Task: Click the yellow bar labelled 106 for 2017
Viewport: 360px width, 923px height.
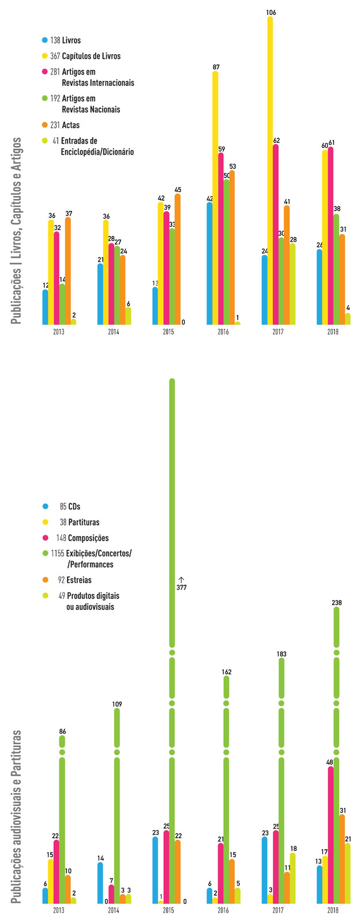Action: click(x=270, y=173)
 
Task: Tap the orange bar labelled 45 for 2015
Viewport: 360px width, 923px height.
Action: click(x=177, y=260)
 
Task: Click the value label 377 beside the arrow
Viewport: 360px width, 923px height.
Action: click(x=181, y=587)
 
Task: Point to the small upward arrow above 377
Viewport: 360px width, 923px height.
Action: click(x=181, y=579)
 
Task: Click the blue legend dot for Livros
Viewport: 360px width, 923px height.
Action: click(x=45, y=40)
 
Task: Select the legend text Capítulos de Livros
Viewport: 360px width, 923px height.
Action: click(x=91, y=56)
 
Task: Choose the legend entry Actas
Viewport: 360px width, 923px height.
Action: click(x=70, y=125)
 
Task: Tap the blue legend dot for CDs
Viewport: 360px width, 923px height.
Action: click(x=45, y=506)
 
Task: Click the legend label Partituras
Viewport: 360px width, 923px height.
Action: click(x=84, y=522)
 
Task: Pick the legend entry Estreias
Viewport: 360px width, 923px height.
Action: click(x=79, y=580)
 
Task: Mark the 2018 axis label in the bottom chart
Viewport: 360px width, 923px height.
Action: click(x=333, y=910)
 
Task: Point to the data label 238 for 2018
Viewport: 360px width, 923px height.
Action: click(x=336, y=603)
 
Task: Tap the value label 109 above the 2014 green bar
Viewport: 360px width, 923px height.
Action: click(x=117, y=704)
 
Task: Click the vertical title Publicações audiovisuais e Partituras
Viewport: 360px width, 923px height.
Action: click(x=17, y=816)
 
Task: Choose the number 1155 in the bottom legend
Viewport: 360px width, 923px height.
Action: click(x=57, y=553)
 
